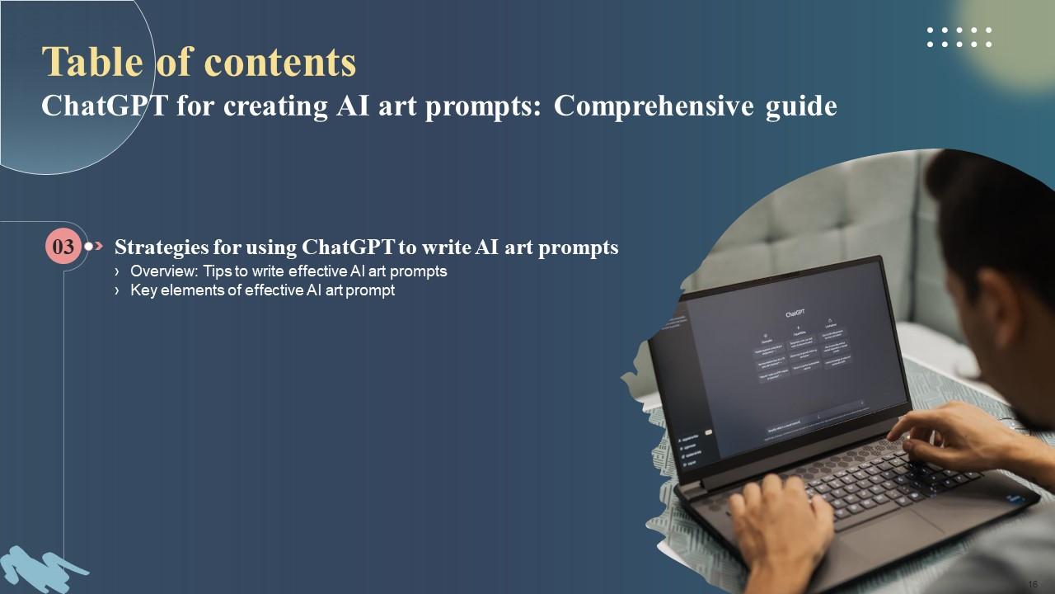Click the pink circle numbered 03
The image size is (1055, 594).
(63, 246)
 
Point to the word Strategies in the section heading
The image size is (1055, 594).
(161, 247)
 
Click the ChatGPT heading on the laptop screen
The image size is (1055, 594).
(795, 313)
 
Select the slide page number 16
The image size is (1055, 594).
(1033, 583)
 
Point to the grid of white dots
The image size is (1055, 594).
(959, 37)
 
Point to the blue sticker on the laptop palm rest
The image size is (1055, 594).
(1015, 499)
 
